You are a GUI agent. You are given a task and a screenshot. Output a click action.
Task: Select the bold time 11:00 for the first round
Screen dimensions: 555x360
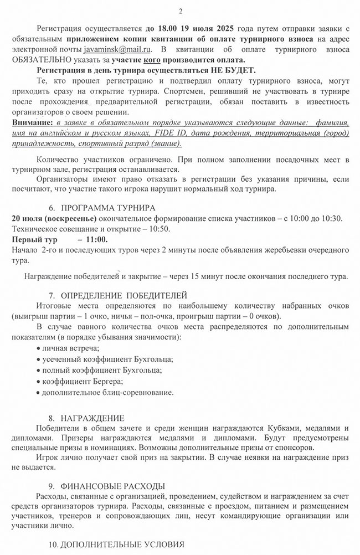coord(96,239)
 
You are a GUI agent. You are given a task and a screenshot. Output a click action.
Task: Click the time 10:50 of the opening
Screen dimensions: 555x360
coord(159,229)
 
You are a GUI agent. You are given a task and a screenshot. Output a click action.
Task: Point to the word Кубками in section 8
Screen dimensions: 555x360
coord(282,429)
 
